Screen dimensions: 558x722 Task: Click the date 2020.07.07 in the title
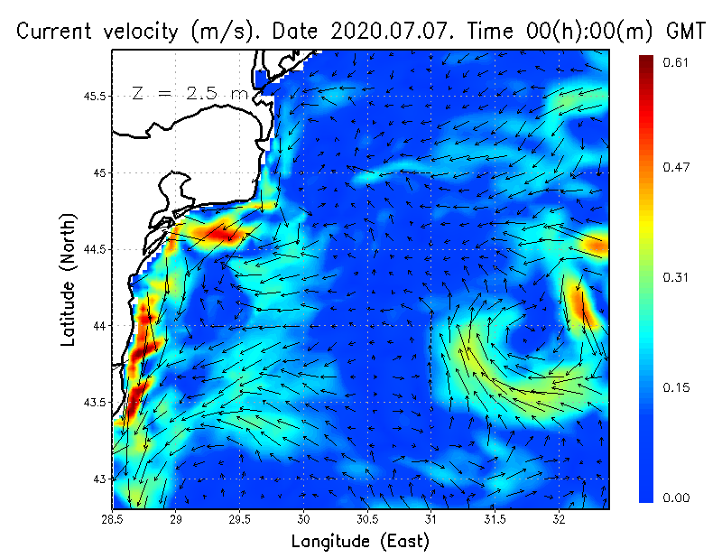401,32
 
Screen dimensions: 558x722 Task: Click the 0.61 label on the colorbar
677,62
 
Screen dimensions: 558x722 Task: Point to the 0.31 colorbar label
677,277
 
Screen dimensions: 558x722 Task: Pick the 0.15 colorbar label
677,387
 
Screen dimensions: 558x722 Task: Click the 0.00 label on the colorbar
677,498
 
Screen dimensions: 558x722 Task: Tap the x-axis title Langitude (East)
360,542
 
